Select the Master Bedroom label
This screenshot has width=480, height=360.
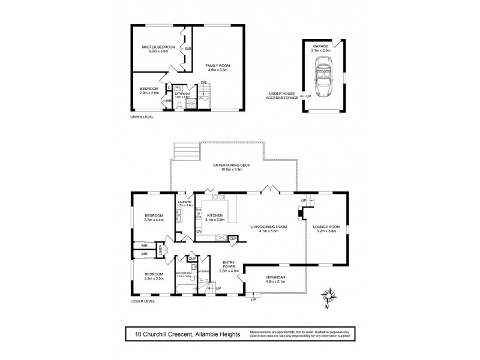coord(158,47)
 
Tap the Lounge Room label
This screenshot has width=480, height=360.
coord(326,227)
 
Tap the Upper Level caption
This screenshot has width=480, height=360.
coord(142,117)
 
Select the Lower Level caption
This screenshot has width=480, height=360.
coord(143,301)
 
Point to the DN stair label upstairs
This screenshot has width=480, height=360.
coord(204,83)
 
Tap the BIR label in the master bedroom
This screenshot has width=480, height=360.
coord(188,49)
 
